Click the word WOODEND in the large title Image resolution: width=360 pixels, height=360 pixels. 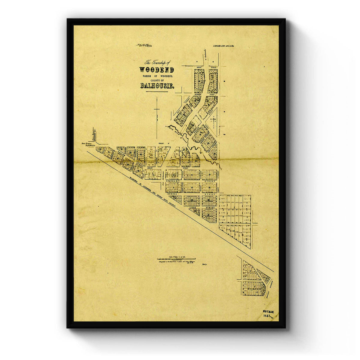pyautogui.click(x=156, y=70)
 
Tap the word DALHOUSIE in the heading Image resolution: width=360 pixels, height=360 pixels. pyautogui.click(x=157, y=86)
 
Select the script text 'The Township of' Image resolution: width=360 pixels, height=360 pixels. pyautogui.click(x=157, y=63)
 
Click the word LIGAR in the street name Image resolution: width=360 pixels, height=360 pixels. pyautogui.click(x=193, y=207)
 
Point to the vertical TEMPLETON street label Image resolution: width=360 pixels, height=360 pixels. pyautogui.click(x=182, y=187)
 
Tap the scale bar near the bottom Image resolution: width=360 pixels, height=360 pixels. pyautogui.click(x=176, y=259)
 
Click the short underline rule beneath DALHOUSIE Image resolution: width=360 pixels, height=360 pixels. pyautogui.click(x=157, y=91)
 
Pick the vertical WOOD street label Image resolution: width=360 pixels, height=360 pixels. pyautogui.click(x=201, y=187)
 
